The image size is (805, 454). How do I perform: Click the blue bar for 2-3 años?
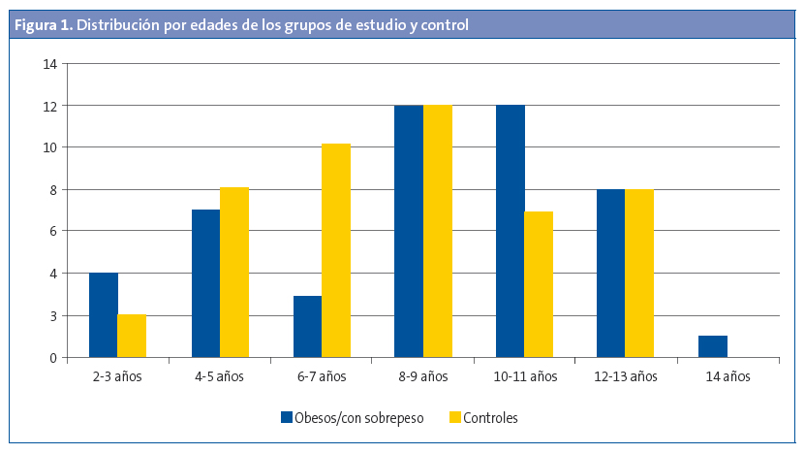coord(104,315)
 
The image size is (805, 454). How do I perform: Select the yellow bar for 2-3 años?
coord(132,336)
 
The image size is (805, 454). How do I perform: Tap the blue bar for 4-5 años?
coord(205,283)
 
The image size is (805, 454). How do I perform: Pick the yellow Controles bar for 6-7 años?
coord(336,250)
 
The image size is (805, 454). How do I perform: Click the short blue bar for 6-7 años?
coord(307,326)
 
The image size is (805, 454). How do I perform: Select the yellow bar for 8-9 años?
coord(438,231)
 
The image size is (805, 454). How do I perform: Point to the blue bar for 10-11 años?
coord(511,231)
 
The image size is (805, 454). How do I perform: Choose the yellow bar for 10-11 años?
coord(539,284)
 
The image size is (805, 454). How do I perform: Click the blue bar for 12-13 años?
coord(611,274)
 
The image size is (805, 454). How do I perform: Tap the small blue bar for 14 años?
coord(713,346)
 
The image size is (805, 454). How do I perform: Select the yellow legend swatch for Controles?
coord(454,418)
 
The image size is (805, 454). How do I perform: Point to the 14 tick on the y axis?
coord(50,64)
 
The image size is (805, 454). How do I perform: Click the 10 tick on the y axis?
coord(50,147)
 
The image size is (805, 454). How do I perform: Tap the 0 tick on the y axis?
coord(53,358)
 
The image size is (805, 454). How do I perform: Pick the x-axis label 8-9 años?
coord(423,376)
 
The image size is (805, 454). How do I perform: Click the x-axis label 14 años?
coord(728,376)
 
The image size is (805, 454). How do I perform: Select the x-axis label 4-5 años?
coord(220,376)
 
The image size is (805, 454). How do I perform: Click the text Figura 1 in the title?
coord(42,25)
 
